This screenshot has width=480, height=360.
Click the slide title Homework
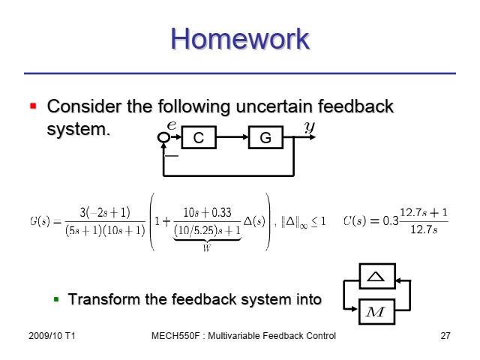click(240, 39)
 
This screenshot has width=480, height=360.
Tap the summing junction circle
click(163, 137)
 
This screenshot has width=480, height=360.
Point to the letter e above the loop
click(172, 125)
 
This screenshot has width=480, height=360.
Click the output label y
click(310, 127)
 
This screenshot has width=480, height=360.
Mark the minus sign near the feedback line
click(172, 156)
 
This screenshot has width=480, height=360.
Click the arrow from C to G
click(232, 137)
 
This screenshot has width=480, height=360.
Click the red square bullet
click(33, 106)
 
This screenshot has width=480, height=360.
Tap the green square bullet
click(56, 299)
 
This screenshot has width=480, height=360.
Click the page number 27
click(445, 336)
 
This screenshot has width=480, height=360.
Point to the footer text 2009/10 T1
click(52, 336)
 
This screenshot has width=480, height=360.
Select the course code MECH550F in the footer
click(175, 336)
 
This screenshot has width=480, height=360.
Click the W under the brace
click(207, 247)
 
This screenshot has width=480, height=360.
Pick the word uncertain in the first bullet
click(274, 106)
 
